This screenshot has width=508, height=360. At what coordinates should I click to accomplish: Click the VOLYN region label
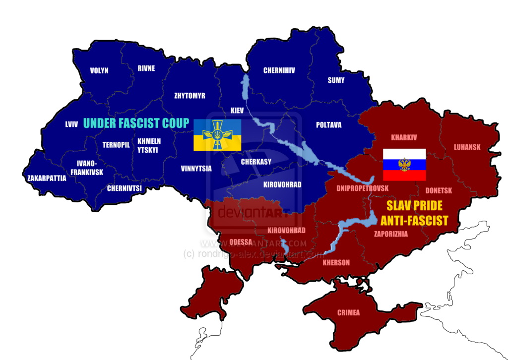[x=99, y=70]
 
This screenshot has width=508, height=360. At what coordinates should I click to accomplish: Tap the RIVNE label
[x=146, y=68]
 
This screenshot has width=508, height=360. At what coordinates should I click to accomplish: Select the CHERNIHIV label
[x=279, y=70]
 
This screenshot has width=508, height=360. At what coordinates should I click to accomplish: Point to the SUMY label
[x=336, y=80]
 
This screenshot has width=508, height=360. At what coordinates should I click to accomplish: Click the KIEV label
[x=238, y=110]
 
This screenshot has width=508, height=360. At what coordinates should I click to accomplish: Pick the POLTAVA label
[x=328, y=125]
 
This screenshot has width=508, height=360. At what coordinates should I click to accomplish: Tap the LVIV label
[x=71, y=124]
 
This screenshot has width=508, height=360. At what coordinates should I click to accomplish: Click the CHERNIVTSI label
[x=125, y=188]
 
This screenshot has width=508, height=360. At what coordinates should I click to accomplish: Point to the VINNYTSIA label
[x=196, y=169]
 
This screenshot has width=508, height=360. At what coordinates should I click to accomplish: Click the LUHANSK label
[x=467, y=147]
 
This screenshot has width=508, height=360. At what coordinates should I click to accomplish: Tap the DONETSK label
[x=439, y=190]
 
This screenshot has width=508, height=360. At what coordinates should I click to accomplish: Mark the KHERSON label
[x=336, y=263]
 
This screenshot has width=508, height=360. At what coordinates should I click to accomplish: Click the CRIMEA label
[x=348, y=313]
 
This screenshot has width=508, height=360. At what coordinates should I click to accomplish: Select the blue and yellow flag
[x=217, y=135]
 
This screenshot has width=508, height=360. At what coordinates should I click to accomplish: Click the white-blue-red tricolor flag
[x=404, y=165]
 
